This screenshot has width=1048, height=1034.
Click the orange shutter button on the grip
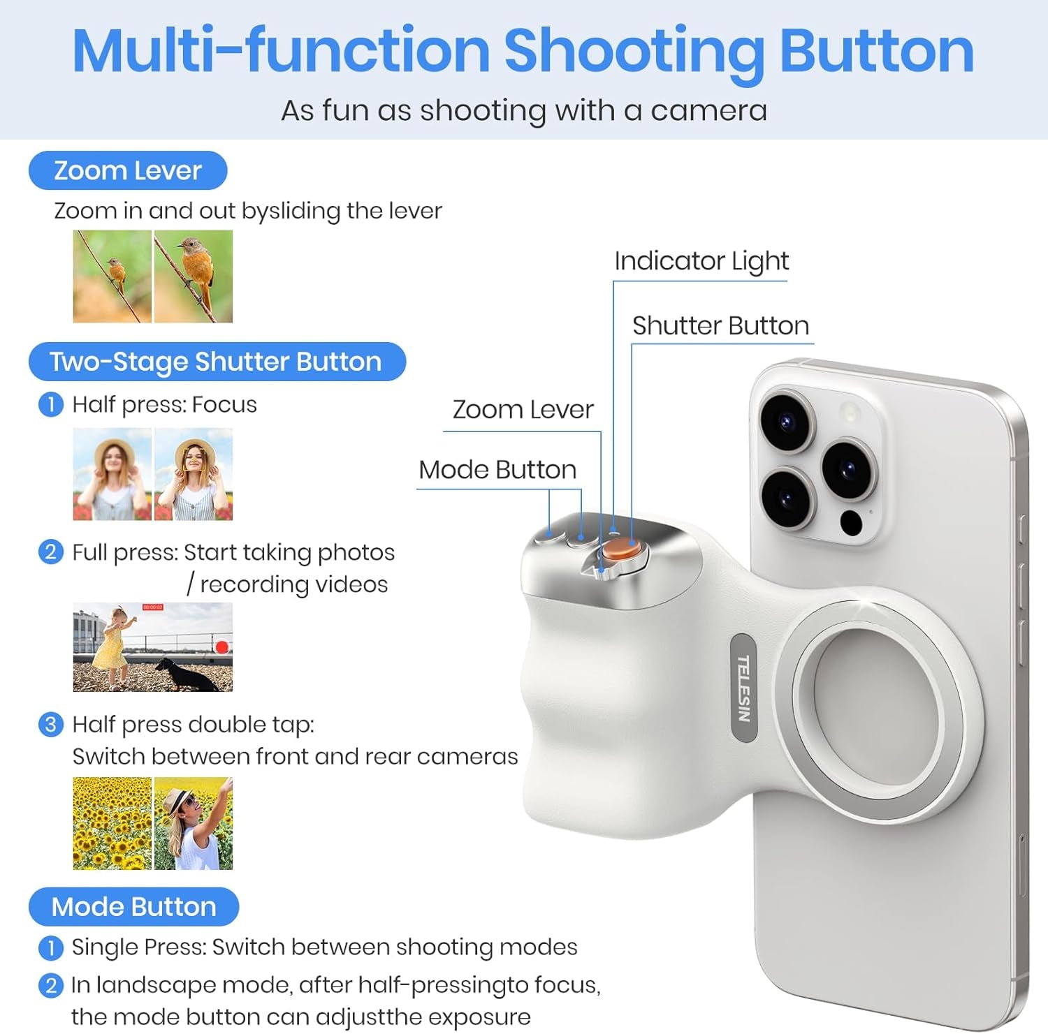tap(620, 549)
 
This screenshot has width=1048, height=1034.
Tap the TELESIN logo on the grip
tap(743, 688)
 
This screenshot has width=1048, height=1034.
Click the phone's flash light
tap(850, 411)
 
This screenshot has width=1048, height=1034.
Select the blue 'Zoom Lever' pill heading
tap(128, 170)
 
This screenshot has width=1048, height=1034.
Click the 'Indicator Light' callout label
tap(701, 261)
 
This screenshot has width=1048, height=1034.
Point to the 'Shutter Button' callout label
tap(720, 326)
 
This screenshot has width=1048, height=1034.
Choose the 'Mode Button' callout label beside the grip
tap(497, 470)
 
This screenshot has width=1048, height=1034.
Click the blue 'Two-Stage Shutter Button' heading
tap(217, 362)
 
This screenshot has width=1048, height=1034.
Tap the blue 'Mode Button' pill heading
tap(133, 906)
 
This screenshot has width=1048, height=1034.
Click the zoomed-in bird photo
tap(194, 276)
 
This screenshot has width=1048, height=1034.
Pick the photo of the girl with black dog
tap(152, 647)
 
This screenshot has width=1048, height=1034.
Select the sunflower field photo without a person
tap(112, 823)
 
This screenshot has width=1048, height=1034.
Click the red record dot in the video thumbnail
tap(221, 647)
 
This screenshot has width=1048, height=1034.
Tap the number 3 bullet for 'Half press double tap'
tap(50, 725)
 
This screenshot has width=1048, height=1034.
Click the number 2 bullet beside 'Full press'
tap(50, 552)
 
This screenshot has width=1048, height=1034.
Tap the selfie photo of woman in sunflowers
tap(194, 823)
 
